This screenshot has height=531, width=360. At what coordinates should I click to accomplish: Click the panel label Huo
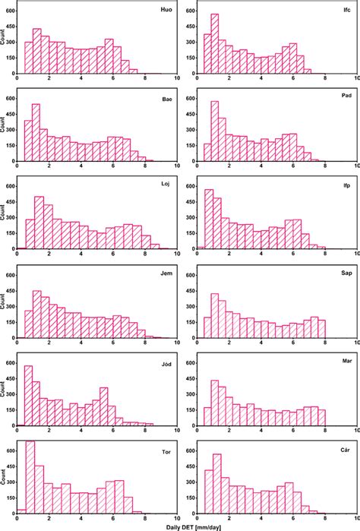point(166,10)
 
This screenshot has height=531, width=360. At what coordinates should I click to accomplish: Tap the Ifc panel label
point(346,10)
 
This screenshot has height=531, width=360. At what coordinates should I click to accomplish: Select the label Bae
point(166,99)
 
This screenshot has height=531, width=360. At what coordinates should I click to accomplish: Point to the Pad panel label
point(346,99)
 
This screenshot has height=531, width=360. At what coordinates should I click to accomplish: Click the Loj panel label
point(166,188)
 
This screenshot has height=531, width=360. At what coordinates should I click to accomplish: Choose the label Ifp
point(346,188)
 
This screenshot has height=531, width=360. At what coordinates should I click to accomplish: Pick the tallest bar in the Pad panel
point(215,131)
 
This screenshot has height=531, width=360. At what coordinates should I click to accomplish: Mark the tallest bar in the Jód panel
point(28,396)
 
